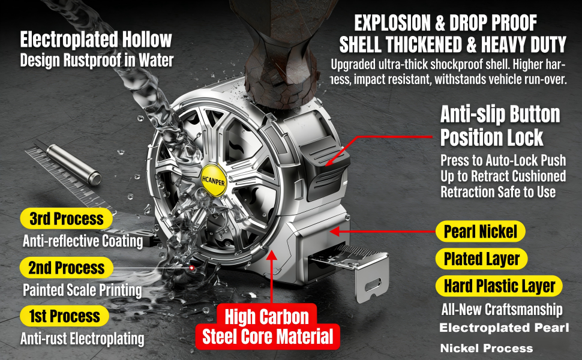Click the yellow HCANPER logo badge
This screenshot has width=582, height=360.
214,181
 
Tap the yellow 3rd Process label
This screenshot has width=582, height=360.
67,218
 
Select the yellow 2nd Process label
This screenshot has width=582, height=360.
67,268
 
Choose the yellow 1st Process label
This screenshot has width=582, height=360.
65,316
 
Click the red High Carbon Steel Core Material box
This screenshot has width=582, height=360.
267,327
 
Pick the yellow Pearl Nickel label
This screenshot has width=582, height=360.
480,232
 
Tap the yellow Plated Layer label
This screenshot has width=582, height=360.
481,259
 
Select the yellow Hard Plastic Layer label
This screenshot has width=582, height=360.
499,286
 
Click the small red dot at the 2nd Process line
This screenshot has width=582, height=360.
192,268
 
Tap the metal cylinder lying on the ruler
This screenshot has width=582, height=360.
74,164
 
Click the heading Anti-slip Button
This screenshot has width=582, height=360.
500,115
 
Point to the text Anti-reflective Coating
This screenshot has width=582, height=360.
83,241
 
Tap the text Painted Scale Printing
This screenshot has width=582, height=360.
82,290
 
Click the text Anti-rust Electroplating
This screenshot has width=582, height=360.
82,338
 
